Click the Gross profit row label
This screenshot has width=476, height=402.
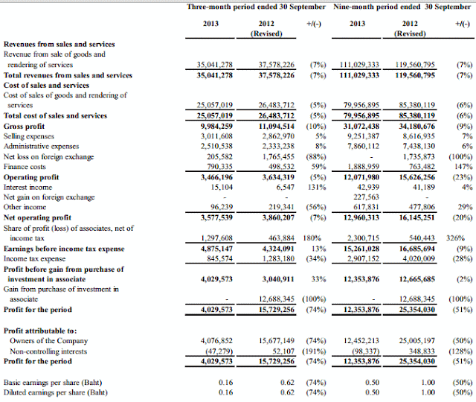[24, 127]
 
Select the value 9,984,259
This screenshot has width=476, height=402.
[216, 126]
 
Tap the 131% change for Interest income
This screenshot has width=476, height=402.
[317, 187]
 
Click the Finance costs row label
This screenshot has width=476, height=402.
[25, 167]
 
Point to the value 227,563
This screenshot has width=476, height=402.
[366, 197]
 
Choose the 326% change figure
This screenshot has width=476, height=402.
[455, 238]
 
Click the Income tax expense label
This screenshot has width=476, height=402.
[35, 259]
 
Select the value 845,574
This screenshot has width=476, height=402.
[219, 259]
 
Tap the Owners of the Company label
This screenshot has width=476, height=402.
[48, 341]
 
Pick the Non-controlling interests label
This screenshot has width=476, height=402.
[48, 351]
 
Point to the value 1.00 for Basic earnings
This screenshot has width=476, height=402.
[428, 382]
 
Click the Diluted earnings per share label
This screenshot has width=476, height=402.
[56, 392]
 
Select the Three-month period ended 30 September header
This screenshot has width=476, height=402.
[256, 7]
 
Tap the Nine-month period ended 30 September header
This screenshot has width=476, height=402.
[402, 7]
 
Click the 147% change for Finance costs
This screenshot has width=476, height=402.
[463, 167]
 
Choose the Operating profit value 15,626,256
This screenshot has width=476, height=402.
[416, 177]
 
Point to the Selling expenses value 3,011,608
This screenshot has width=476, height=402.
[216, 136]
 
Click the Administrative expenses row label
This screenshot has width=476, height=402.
[42, 147]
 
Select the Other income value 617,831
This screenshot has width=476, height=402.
[366, 207]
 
